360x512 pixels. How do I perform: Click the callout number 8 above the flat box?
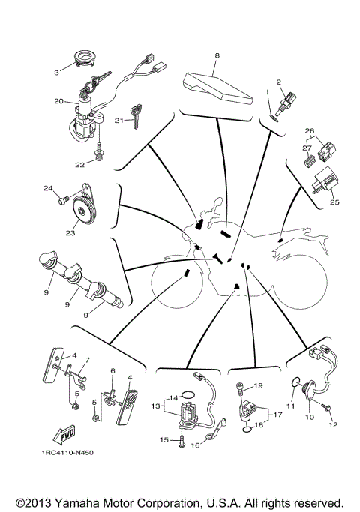pos(217,56)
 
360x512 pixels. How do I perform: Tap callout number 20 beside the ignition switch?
pos(58,100)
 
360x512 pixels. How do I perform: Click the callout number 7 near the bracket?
pos(87,360)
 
